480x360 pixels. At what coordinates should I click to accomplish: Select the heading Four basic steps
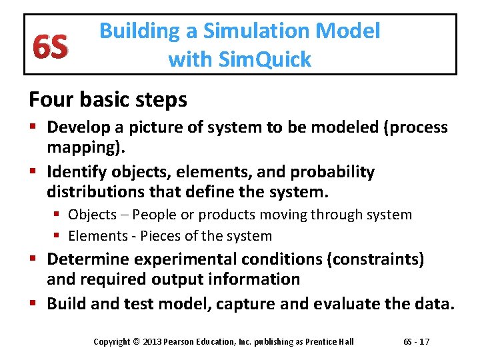(107, 99)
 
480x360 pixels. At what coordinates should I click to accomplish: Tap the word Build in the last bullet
(67, 304)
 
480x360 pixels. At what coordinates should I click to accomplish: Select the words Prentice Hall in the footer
(329, 342)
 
